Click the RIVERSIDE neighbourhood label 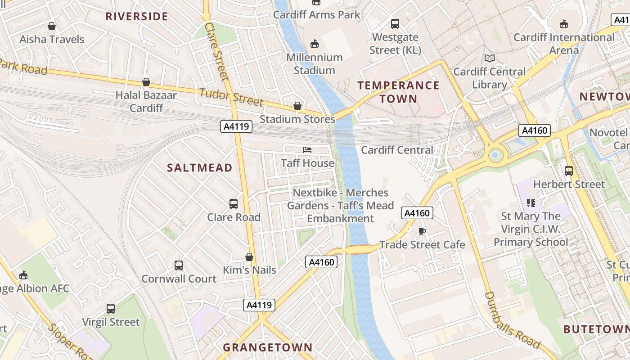click(136, 17)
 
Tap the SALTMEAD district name click(199, 168)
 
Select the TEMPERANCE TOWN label click(398, 92)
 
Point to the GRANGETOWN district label click(267, 347)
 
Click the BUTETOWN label click(596, 329)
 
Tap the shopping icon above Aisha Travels click(52, 26)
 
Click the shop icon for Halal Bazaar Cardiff click(146, 82)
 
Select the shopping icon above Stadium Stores click(297, 106)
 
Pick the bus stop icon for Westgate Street click(395, 24)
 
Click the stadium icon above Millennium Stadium click(315, 44)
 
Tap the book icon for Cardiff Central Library click(489, 58)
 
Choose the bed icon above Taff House click(307, 150)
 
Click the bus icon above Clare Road click(234, 204)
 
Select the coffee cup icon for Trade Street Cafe click(422, 231)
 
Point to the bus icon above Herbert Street click(569, 171)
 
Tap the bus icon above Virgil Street click(111, 309)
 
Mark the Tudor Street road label click(231, 97)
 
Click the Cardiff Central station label click(397, 150)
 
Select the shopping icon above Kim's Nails click(249, 257)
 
